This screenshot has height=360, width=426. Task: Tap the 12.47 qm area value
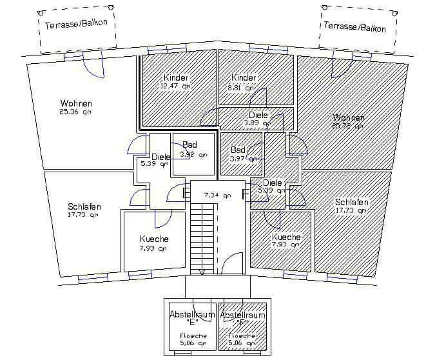click(176, 86)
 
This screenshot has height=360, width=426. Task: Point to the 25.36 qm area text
click(76, 112)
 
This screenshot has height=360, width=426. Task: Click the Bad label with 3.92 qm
click(189, 145)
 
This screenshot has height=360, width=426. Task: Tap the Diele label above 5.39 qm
click(161, 156)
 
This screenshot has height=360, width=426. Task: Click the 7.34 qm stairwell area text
click(217, 194)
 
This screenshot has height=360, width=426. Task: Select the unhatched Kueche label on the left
click(154, 239)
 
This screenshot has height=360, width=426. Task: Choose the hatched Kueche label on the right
click(286, 237)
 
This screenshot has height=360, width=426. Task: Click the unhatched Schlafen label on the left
click(84, 206)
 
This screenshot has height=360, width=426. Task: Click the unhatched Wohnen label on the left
click(76, 103)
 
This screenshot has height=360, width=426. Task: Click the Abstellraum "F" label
click(242, 317)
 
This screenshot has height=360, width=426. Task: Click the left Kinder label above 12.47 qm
click(176, 77)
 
